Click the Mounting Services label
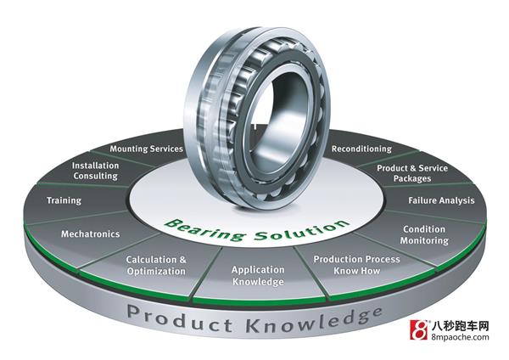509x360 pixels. click(x=147, y=149)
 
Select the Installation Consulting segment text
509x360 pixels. click(x=95, y=171)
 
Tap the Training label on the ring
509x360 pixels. click(x=64, y=200)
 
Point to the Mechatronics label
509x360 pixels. click(x=90, y=234)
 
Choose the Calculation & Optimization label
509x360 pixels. click(x=156, y=266)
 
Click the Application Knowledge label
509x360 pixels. click(x=258, y=276)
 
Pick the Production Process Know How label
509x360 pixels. click(x=356, y=265)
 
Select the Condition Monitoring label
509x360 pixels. click(x=424, y=235)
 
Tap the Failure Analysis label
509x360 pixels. click(x=441, y=200)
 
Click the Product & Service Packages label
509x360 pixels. click(x=412, y=173)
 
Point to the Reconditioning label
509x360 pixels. click(x=361, y=149)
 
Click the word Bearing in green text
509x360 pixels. click(x=204, y=229)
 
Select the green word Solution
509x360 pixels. click(x=301, y=230)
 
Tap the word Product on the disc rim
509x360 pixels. click(x=180, y=318)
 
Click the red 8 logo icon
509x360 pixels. click(x=419, y=329)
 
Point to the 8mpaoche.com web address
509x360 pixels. click(x=461, y=336)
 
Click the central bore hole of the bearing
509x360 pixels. click(x=277, y=111)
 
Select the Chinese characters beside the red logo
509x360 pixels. click(x=461, y=325)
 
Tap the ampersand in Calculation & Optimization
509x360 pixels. click(x=182, y=260)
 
